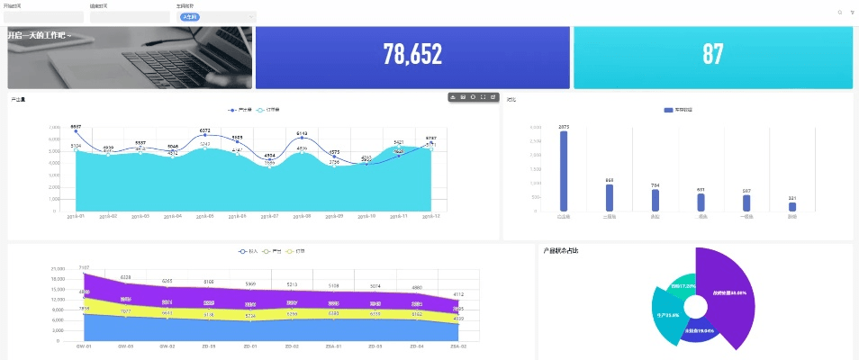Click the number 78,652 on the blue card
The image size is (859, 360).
(x=412, y=55)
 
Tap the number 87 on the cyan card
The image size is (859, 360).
(x=712, y=55)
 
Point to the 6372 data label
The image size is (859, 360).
(x=205, y=130)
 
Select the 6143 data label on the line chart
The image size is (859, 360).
(x=303, y=133)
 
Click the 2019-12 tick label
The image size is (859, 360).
(x=430, y=217)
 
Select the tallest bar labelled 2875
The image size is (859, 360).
(x=564, y=171)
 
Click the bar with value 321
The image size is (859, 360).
(x=792, y=207)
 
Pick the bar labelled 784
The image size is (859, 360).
(x=656, y=200)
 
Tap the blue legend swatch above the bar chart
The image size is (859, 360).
(x=668, y=110)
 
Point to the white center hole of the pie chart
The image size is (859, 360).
(x=695, y=307)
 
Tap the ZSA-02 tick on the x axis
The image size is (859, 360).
(x=458, y=346)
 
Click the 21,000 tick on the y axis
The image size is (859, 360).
(x=59, y=269)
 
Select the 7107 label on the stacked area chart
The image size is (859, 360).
(x=84, y=267)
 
